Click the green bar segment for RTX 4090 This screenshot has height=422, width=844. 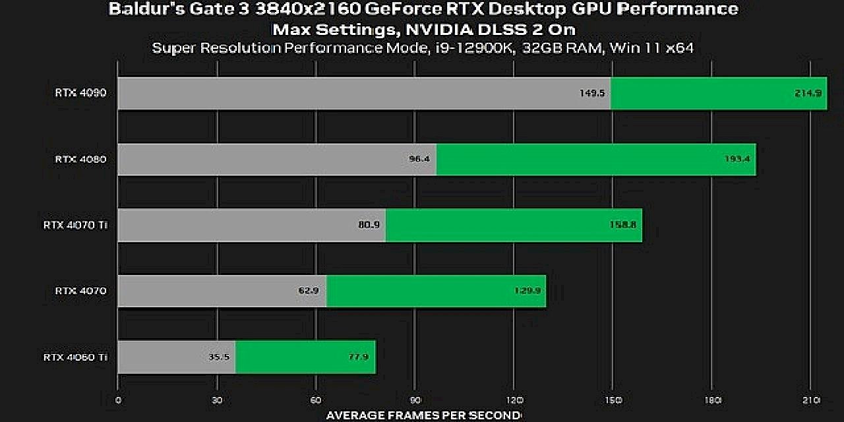[x=719, y=93]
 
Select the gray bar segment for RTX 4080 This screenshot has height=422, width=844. [x=277, y=159]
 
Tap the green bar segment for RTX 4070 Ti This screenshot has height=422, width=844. [x=514, y=225]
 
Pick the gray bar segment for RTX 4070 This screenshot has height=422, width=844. [x=222, y=291]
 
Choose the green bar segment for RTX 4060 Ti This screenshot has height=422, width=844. [x=305, y=357]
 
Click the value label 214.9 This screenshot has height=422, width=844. [x=808, y=93]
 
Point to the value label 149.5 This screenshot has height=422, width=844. [x=592, y=93]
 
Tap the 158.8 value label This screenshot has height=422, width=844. [x=622, y=225]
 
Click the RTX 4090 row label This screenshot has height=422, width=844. [x=80, y=93]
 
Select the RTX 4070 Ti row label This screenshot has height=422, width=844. [x=75, y=225]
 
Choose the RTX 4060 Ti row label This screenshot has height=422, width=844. [x=75, y=357]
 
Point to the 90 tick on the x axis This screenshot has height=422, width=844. [x=415, y=400]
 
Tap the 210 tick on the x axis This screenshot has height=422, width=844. [x=811, y=400]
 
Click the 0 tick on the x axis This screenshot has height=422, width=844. [x=118, y=400]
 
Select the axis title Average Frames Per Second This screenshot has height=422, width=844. [x=423, y=415]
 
